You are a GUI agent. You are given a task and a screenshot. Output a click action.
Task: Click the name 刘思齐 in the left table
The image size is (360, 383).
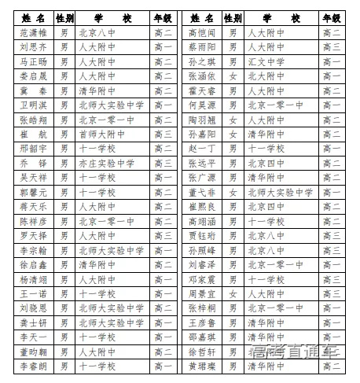[x=34, y=47]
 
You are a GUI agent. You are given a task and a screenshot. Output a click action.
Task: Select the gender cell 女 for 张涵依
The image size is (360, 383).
[x=232, y=76]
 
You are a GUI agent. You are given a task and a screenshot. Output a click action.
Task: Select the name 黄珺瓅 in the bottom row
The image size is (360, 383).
[x=202, y=366]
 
